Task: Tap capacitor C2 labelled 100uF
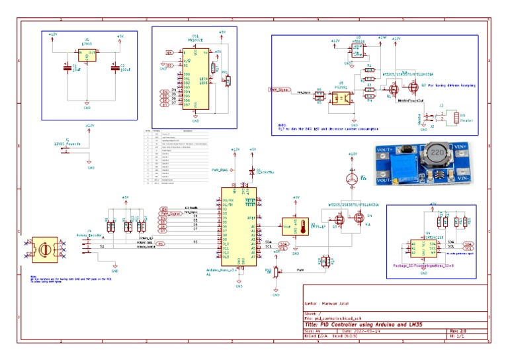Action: point(116,67)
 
